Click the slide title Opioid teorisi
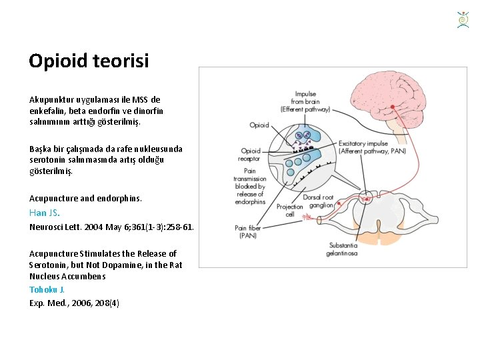[x=89, y=61]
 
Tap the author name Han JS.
[x=44, y=213]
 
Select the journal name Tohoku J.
[x=47, y=289]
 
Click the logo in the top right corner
[x=463, y=19]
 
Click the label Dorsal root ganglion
[x=319, y=201]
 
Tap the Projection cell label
[x=290, y=211]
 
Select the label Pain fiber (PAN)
[x=246, y=232]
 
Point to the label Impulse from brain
[x=305, y=101]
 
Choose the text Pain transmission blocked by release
[x=250, y=187]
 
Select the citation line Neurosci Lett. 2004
[x=111, y=227]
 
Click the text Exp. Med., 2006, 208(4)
[x=74, y=303]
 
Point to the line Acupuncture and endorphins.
[x=85, y=199]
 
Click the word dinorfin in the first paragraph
[x=147, y=111]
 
